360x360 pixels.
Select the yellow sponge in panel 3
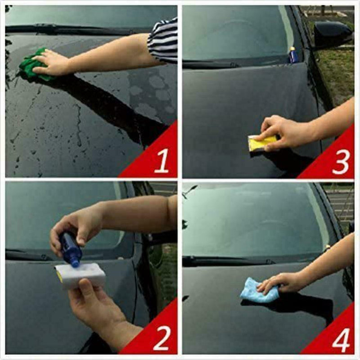click(261, 144)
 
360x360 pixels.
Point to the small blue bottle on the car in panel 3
click(293, 55)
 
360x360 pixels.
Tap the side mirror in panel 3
click(332, 34)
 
